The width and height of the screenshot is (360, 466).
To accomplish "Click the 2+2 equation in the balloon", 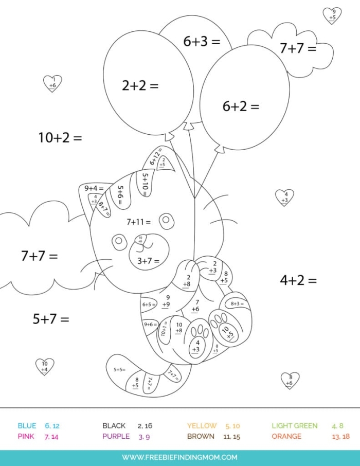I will coord(140,86).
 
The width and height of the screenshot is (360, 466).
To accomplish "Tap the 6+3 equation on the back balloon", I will coord(202,42).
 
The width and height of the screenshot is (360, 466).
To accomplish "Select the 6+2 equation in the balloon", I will coord(241,106).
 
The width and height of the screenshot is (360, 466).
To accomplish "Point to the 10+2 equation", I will coord(60,138).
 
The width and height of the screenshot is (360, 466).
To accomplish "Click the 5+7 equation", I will coord(50,319).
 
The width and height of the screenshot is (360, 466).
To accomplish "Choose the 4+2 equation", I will coord(298,280).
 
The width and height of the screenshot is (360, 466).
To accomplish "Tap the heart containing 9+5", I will coord(332,15).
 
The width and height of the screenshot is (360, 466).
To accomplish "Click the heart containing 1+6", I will coord(52,83).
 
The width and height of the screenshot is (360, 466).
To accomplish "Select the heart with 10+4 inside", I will coord(45,366).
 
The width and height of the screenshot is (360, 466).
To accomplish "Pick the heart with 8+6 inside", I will coord(290,380).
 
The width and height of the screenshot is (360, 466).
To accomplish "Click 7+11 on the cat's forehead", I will coord(139,222).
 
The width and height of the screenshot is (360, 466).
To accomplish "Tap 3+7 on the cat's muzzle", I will coord(148,261).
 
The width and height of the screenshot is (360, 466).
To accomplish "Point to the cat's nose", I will coord(140,239).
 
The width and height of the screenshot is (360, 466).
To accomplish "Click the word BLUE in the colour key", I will coord(27,426).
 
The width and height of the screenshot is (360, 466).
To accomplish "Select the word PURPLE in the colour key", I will coord(116,437).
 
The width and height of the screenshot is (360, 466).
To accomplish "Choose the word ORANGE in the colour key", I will coord(286,437).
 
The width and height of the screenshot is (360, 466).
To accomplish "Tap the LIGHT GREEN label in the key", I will coord(294,426).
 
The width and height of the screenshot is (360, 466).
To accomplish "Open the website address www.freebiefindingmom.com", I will coord(179,457).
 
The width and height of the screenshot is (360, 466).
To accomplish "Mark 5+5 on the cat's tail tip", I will coord(119,369).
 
